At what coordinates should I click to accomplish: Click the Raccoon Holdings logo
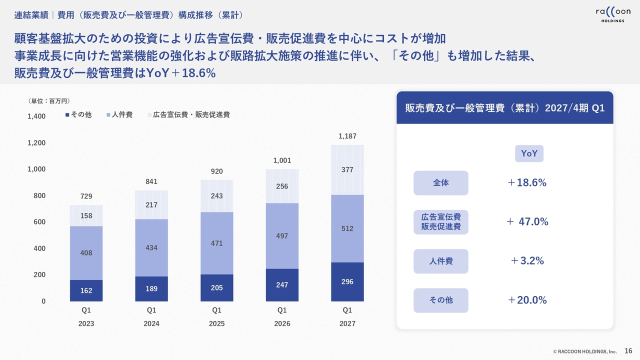click(x=613, y=15)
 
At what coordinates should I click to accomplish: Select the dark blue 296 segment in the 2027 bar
click(x=347, y=281)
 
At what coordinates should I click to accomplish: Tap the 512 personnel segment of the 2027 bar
click(x=347, y=228)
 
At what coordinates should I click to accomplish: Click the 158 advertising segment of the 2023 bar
click(x=86, y=215)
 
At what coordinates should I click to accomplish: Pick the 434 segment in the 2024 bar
click(x=151, y=247)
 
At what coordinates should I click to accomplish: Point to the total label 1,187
click(x=347, y=136)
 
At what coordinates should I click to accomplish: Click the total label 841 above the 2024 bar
click(x=151, y=181)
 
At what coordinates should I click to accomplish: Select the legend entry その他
click(x=78, y=114)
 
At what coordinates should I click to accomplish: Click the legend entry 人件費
click(x=119, y=114)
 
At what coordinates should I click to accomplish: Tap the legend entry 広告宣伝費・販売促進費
click(x=189, y=114)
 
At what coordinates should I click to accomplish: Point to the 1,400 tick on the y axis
click(x=36, y=116)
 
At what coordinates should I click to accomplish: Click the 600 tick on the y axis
click(x=39, y=222)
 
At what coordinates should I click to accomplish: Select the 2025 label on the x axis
click(x=216, y=323)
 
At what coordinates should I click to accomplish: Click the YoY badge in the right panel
click(x=529, y=153)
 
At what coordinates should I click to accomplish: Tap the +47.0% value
click(x=527, y=221)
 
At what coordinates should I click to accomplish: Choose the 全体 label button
click(x=441, y=183)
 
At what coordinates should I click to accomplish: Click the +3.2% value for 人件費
click(x=527, y=261)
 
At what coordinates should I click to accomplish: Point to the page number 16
click(x=628, y=351)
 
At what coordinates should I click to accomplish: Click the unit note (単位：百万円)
click(x=49, y=101)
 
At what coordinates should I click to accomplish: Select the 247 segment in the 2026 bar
click(x=282, y=285)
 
